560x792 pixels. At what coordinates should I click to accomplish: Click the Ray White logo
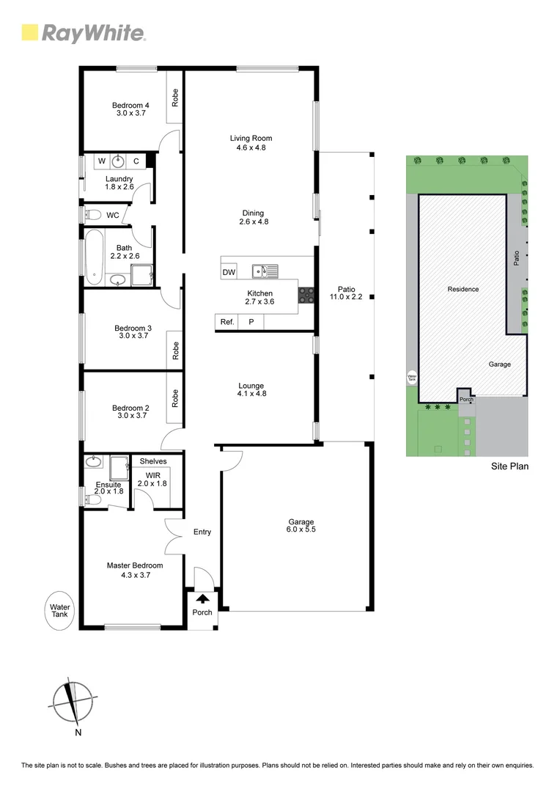[84, 32]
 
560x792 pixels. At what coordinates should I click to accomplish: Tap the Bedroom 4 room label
[131, 109]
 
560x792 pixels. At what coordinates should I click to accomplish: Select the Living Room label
[251, 142]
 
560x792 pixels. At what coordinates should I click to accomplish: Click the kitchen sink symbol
[265, 272]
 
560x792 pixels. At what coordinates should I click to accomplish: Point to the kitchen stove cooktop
[306, 295]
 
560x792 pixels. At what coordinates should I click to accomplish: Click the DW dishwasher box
[229, 272]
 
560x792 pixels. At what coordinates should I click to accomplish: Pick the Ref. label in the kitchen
[227, 321]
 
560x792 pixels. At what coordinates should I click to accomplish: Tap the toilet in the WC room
[92, 215]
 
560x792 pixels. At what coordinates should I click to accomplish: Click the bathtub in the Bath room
[93, 257]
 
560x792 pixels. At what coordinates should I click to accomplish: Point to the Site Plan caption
[509, 466]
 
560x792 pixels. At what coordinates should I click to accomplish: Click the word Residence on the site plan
[463, 289]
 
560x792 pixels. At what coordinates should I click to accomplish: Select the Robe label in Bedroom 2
[175, 397]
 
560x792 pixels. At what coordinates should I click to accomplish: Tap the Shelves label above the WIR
[153, 461]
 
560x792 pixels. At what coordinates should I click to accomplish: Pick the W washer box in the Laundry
[101, 161]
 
